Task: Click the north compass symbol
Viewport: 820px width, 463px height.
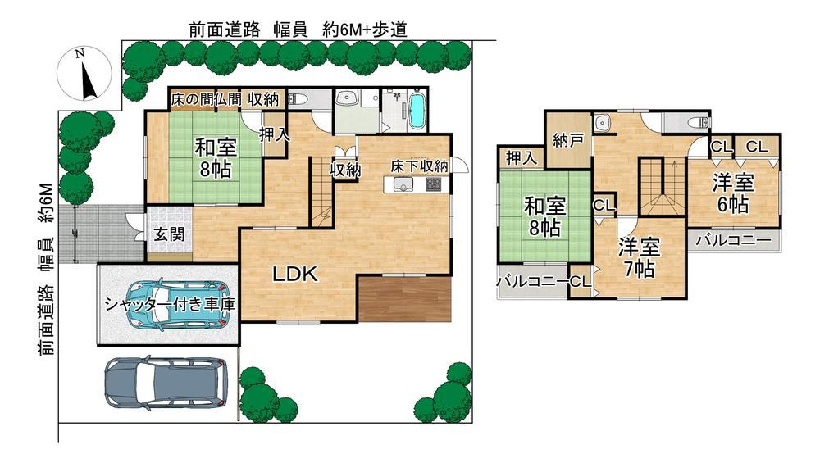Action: click(x=84, y=73)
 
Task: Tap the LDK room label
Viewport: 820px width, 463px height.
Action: click(x=295, y=274)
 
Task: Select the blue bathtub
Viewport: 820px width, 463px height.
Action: click(x=417, y=111)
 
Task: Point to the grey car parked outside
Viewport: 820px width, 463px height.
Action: click(x=166, y=383)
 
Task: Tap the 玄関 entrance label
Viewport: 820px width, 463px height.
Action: click(x=169, y=234)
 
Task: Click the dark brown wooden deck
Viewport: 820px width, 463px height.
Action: click(x=405, y=299)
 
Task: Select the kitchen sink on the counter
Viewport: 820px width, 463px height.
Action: click(x=403, y=184)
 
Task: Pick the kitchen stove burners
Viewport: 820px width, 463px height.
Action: click(x=435, y=184)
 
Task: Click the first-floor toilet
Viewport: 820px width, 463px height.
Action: click(x=297, y=99)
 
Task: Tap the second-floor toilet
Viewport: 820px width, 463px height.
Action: click(x=699, y=123)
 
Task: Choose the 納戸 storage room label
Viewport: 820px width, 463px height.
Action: click(x=568, y=140)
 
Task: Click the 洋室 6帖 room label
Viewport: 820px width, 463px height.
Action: click(x=732, y=193)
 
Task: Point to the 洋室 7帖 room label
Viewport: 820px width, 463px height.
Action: click(x=639, y=257)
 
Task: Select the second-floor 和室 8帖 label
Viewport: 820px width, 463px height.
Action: click(x=545, y=217)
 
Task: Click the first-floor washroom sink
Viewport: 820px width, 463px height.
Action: click(x=346, y=98)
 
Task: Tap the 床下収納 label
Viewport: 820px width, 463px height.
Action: click(x=419, y=166)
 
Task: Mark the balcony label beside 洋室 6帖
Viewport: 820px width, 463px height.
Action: click(x=734, y=240)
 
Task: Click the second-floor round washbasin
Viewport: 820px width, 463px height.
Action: click(x=604, y=122)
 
